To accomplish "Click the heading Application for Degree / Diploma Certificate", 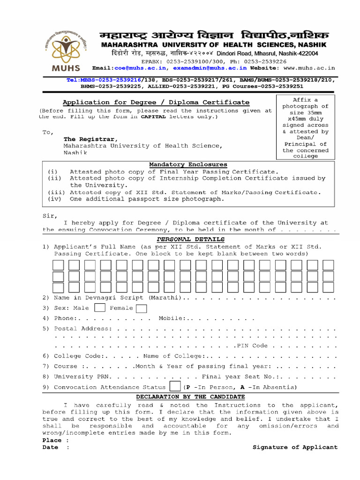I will coord(156,102).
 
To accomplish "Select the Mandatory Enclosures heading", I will coord(188,165).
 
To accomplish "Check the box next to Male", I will coord(100,308).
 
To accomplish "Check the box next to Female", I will coord(141,308).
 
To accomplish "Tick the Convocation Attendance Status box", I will coord(174,387).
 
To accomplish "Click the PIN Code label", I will coord(252,346).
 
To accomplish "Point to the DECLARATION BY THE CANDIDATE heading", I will coord(191,397).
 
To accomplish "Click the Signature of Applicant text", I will coord(295,447).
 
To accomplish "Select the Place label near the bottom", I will coord(52,441).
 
